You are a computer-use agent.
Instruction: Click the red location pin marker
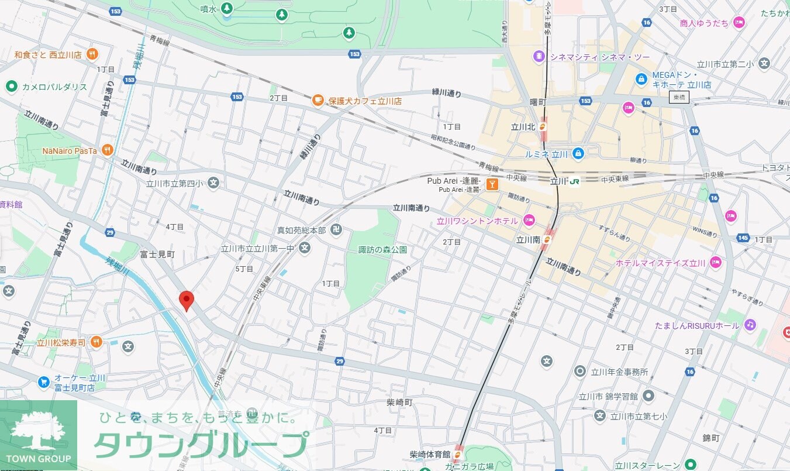(x=186, y=300)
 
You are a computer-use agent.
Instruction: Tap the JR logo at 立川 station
(x=575, y=181)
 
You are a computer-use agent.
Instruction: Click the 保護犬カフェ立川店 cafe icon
(x=318, y=101)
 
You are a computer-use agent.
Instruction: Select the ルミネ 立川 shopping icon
(x=578, y=153)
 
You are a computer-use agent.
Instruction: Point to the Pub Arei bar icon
(x=493, y=185)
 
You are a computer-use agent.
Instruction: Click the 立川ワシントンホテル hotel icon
(x=529, y=221)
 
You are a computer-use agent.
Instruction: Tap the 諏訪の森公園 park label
(x=382, y=250)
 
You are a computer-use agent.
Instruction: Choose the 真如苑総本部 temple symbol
(x=336, y=230)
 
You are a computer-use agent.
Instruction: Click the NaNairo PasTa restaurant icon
(x=107, y=150)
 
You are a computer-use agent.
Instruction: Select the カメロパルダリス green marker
(x=11, y=87)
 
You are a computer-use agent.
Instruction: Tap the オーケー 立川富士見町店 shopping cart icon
(x=43, y=382)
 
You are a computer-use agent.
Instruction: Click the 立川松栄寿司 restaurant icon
(x=96, y=342)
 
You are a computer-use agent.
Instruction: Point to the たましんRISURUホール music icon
(x=750, y=325)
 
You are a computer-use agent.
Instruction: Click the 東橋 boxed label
(x=679, y=98)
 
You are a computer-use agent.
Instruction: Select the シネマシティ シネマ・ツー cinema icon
(x=539, y=57)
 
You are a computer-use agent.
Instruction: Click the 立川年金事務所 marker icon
(x=579, y=371)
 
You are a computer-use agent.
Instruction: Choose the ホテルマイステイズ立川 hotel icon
(x=716, y=263)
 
